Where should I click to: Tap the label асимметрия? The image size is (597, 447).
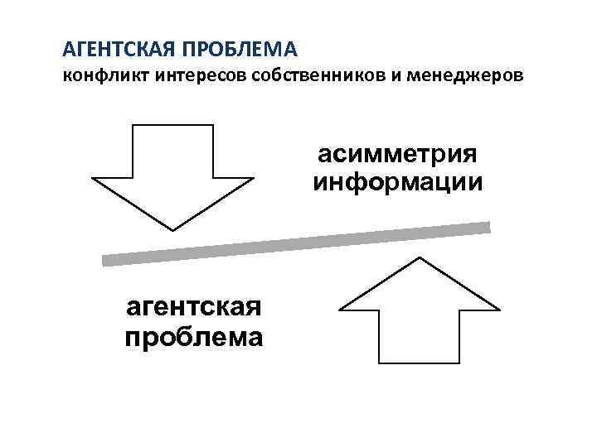coord(397,155)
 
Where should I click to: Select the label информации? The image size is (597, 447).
coord(397,180)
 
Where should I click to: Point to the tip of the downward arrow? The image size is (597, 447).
coord(172,228)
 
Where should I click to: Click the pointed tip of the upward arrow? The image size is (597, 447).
coord(420,259)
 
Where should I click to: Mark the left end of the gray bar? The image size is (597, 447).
coord(106,259)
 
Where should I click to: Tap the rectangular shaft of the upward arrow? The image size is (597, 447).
coord(420,336)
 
